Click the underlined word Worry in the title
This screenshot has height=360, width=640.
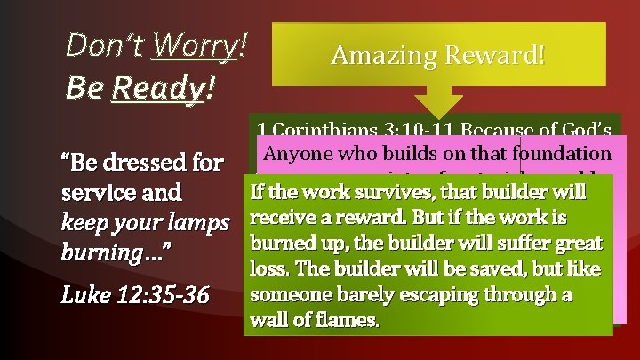195,44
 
